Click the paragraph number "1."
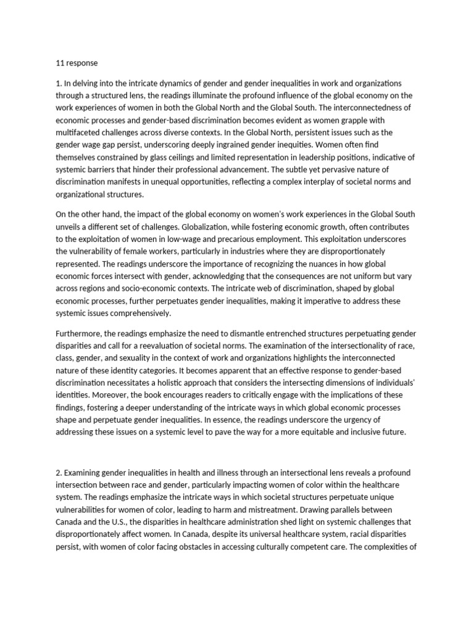tap(59, 83)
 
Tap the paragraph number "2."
tap(59, 472)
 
